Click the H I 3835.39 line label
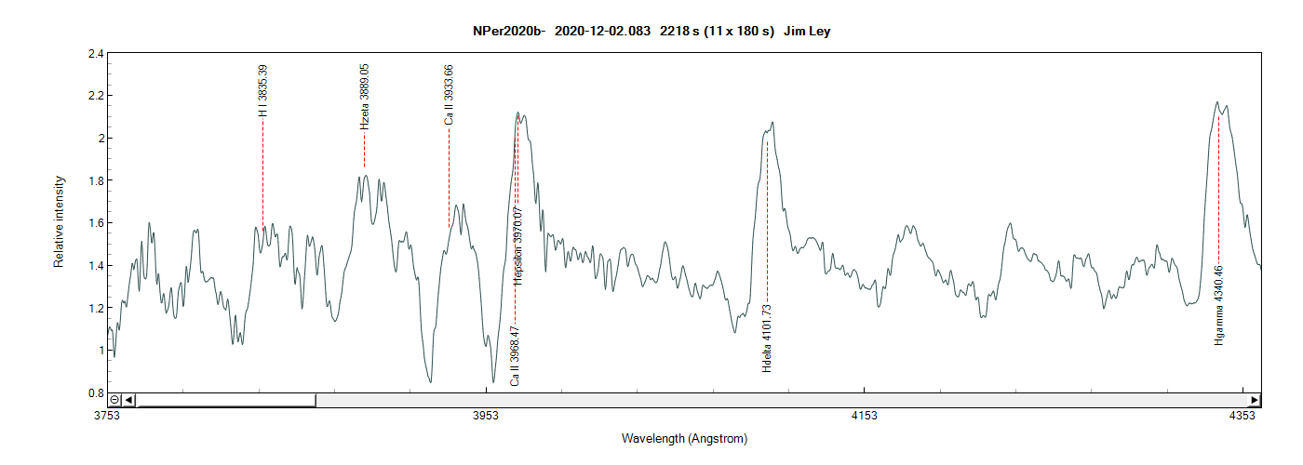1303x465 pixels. click(263, 90)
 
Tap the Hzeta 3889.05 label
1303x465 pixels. click(365, 96)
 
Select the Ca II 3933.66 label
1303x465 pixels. click(450, 95)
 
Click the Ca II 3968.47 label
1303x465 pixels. click(515, 356)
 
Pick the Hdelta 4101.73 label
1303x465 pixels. click(767, 339)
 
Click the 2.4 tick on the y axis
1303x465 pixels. click(95, 53)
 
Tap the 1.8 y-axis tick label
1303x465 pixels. click(95, 180)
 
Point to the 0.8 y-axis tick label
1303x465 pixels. click(95, 393)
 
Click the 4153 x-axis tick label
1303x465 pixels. click(865, 416)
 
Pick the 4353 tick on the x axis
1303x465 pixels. click(1242, 416)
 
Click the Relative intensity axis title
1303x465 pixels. click(59, 221)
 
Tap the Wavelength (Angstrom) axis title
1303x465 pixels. click(684, 438)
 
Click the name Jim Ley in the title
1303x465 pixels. click(806, 32)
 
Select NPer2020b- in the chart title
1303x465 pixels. click(508, 32)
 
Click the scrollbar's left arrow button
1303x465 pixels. click(129, 400)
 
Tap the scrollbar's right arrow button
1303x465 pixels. click(1255, 400)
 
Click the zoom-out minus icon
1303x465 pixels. click(114, 400)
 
